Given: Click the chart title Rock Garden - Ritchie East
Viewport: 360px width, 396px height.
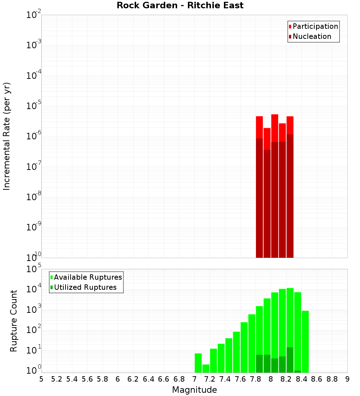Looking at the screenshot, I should pyautogui.click(x=180, y=5).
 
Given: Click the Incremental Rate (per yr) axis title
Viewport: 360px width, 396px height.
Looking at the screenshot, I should pyautogui.click(x=7, y=136).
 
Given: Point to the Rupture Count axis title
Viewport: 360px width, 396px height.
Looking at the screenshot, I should pyautogui.click(x=14, y=321).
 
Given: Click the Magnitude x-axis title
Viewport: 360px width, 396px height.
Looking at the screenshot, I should pyautogui.click(x=194, y=390).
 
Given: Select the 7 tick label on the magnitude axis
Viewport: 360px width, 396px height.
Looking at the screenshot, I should pyautogui.click(x=194, y=379).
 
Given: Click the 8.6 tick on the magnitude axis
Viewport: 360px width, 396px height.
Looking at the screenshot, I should pyautogui.click(x=317, y=379).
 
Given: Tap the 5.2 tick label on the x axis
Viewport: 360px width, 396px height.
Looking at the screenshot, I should pyautogui.click(x=57, y=379).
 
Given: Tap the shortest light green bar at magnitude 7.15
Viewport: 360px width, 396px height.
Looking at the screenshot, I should pyautogui.click(x=206, y=368).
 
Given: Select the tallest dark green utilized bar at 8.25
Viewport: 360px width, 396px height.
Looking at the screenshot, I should pyautogui.click(x=290, y=360).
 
